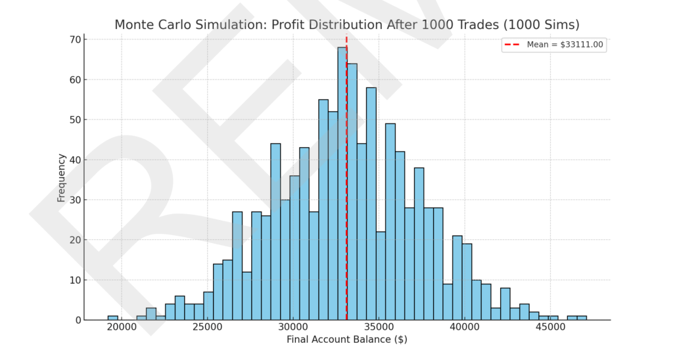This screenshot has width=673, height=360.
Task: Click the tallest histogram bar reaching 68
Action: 342,184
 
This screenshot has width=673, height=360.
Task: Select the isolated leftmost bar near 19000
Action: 113,318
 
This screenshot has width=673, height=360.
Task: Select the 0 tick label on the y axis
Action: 77,320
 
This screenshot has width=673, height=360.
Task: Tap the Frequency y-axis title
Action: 61,177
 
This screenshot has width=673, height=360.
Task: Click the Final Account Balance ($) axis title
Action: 347,340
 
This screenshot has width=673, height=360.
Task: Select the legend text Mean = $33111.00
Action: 565,45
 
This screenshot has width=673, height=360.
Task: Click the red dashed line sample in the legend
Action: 512,45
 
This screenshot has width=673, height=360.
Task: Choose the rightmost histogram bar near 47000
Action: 582,318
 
